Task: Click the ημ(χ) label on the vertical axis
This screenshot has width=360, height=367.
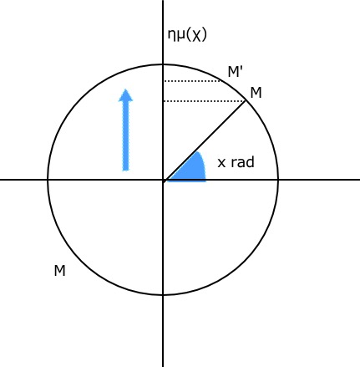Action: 187,35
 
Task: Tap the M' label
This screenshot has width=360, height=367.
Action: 236,72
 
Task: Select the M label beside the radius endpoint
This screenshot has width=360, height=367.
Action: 256,93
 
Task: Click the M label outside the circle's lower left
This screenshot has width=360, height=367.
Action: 59,271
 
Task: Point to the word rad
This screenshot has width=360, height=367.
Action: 242,162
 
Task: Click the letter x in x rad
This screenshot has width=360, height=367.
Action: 221,163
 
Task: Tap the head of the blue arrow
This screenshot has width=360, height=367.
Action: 126,95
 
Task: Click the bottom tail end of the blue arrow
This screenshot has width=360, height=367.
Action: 126,170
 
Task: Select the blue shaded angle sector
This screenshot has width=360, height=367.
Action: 190,169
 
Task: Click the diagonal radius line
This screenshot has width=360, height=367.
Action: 204,140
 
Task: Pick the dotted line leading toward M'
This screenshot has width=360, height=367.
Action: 192,81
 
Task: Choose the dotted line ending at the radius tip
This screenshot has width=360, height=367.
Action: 205,101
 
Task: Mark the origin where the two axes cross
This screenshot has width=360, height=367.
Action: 163,180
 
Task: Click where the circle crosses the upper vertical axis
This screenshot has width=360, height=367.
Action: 163,64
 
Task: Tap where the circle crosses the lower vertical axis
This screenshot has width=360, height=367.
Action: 163,294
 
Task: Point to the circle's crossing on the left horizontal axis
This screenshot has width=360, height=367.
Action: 48,180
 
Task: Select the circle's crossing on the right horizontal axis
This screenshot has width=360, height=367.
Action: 278,180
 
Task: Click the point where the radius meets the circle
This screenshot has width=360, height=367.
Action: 246,100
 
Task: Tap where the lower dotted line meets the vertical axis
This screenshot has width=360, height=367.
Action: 163,101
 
